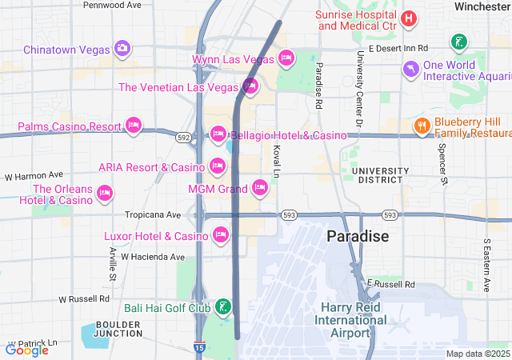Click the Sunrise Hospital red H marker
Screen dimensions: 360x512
coord(409,18)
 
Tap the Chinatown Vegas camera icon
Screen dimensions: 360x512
coord(122,49)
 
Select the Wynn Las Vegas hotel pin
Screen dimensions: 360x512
coord(286,58)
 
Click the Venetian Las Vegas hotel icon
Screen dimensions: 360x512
coord(250,86)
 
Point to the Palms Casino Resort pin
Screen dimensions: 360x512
coord(134,126)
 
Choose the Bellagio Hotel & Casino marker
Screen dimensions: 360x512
coord(218,134)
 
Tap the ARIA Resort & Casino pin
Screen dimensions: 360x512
coord(217,166)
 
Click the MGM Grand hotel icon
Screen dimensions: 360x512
coord(259,188)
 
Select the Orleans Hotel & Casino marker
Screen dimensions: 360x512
coord(105,193)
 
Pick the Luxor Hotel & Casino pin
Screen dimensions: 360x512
coord(220,234)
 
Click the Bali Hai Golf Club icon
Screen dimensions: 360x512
coord(222,306)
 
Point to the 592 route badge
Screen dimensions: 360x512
coord(184,138)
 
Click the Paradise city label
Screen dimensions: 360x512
coord(358,237)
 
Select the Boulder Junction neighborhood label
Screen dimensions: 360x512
coord(118,329)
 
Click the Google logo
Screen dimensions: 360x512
coord(26,350)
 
